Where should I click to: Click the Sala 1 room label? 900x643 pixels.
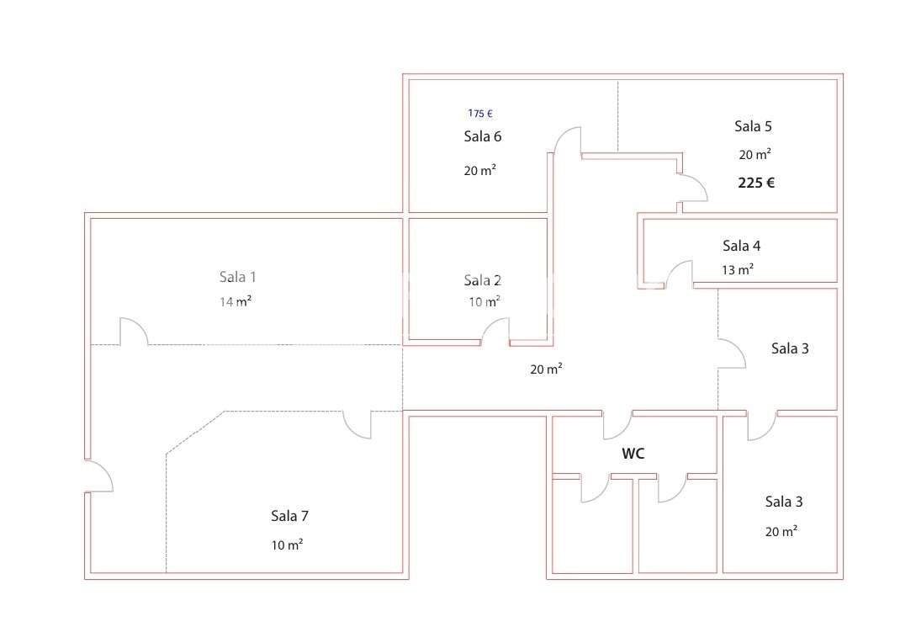click(x=237, y=277)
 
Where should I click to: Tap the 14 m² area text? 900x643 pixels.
click(x=236, y=301)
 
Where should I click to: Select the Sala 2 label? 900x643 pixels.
click(x=482, y=280)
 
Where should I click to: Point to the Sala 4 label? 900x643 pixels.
click(x=741, y=246)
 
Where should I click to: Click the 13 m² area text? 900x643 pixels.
click(x=737, y=270)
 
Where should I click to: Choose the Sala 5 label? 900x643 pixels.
click(x=753, y=126)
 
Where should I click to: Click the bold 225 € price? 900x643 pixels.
click(x=756, y=183)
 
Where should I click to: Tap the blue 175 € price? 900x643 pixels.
click(x=480, y=113)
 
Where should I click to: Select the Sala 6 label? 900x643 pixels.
click(x=482, y=136)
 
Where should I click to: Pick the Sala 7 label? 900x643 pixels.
click(x=289, y=515)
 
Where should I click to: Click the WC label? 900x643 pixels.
click(x=633, y=454)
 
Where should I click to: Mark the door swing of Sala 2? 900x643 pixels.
click(x=495, y=332)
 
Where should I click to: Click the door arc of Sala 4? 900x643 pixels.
click(x=679, y=274)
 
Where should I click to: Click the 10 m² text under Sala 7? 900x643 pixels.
click(x=287, y=545)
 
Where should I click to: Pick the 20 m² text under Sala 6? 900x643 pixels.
click(x=479, y=170)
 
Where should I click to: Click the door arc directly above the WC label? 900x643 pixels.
click(x=617, y=426)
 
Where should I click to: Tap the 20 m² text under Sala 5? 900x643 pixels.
click(x=755, y=155)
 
